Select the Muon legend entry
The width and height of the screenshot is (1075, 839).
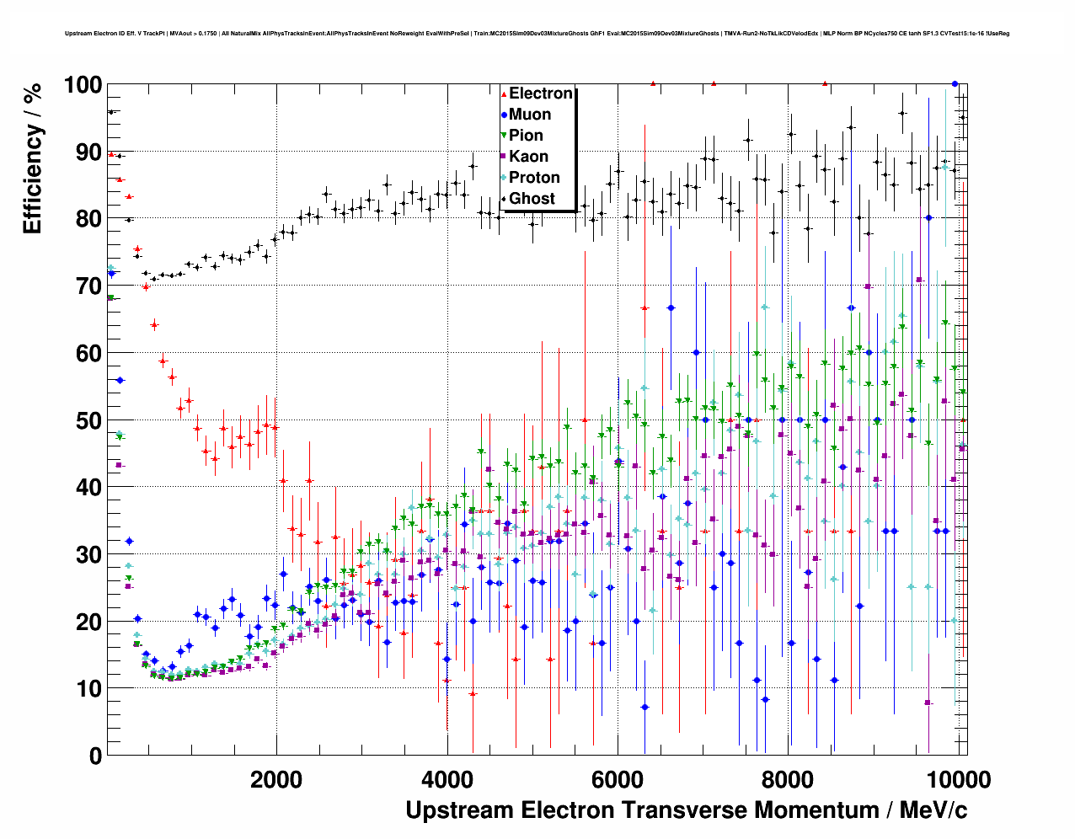[529, 115]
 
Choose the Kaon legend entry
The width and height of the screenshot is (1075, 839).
[528, 157]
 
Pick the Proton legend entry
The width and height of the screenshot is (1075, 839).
[534, 178]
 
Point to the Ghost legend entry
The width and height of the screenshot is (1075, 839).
[532, 199]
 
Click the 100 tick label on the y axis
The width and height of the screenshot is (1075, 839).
[83, 85]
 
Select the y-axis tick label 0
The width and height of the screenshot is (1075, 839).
[95, 756]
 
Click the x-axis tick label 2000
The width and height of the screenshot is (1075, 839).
[275, 779]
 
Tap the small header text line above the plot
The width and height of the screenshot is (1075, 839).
[537, 34]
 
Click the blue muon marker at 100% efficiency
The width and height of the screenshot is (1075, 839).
[955, 83]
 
